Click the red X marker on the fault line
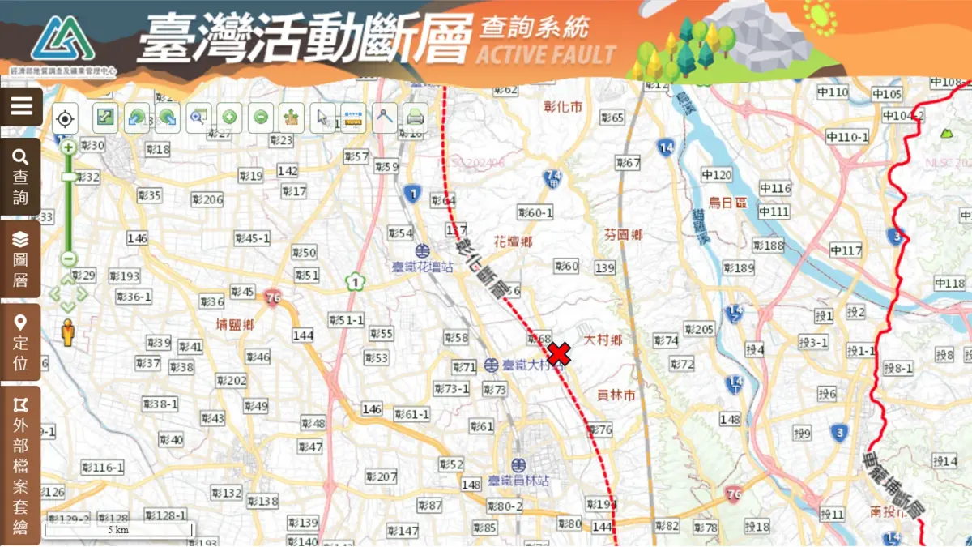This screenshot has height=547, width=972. click(x=559, y=354)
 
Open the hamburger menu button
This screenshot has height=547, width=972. click(x=21, y=106)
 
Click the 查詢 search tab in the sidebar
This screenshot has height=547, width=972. click(x=21, y=177)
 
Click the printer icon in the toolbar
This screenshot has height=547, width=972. click(x=415, y=118)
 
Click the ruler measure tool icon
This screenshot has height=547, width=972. click(x=353, y=118)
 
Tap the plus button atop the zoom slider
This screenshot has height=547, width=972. click(x=68, y=147)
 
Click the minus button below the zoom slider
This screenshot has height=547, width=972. click(x=68, y=259)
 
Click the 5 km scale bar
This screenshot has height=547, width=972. click(x=118, y=530)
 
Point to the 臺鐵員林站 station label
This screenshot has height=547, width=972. click(x=518, y=481)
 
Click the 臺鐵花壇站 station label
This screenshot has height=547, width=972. click(x=423, y=266)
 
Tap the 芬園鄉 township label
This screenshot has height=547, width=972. click(x=623, y=235)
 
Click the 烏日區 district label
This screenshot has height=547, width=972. click(x=727, y=203)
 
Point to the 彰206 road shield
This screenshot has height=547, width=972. click(x=207, y=199)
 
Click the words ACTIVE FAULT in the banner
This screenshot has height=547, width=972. click(x=546, y=55)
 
